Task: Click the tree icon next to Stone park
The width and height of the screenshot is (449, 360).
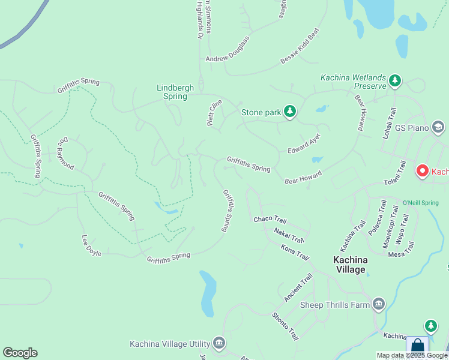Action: click(290, 112)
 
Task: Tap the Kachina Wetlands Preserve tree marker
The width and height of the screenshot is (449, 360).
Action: click(394, 80)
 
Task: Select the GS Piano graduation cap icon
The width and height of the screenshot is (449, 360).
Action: click(438, 128)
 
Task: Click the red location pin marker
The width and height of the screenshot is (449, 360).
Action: click(422, 172)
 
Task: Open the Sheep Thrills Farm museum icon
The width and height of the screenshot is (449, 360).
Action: click(378, 305)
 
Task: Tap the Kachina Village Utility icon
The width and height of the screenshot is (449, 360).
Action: click(219, 343)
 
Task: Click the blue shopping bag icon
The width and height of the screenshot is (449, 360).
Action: click(417, 347)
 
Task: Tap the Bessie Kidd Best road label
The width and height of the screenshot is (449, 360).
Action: click(300, 46)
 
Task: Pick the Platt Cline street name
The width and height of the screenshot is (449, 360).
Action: click(214, 112)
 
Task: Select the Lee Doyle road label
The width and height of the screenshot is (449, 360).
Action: click(91, 245)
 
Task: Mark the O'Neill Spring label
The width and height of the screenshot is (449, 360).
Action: click(420, 203)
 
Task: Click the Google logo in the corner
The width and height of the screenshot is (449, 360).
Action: click(20, 353)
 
